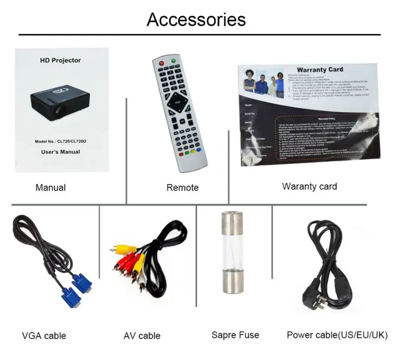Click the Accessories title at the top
coord(196,19)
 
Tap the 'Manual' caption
coord(50,188)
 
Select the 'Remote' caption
coord(182,188)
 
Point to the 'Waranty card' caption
coord(310,186)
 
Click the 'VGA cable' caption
coord(44,336)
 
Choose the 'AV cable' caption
coord(142,336)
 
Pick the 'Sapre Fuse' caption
coord(236,335)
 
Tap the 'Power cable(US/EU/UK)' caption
coord(337,335)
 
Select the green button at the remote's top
coord(173,61)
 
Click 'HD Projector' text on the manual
coord(60,60)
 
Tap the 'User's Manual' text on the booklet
coord(60,152)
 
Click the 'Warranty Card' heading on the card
coord(319,70)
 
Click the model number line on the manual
coord(61,141)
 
